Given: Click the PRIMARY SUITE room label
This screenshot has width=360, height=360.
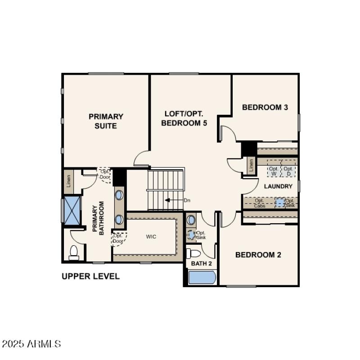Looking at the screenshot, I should (x=106, y=121).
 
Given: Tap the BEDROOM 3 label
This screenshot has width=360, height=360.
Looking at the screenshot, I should (x=265, y=107).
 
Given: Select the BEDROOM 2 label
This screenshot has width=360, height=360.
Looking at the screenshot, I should (x=258, y=255).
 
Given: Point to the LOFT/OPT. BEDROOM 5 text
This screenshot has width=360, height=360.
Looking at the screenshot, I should (x=184, y=118).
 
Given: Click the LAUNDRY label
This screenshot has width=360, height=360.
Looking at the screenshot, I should (x=278, y=186).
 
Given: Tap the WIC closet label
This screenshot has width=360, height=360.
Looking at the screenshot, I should (x=151, y=236).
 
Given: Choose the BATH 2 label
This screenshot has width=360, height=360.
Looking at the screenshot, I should (x=201, y=263).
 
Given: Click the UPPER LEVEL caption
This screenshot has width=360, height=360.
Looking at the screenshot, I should (x=90, y=276).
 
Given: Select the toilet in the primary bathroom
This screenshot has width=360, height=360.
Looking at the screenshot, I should (x=74, y=253).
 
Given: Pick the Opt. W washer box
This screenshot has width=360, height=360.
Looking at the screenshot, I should (x=274, y=171).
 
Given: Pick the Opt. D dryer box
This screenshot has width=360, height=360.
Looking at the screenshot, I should (x=288, y=171).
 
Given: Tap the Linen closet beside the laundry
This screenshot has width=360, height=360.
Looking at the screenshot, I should (x=251, y=165).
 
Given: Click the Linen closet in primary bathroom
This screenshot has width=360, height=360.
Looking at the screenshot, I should (x=68, y=181).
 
